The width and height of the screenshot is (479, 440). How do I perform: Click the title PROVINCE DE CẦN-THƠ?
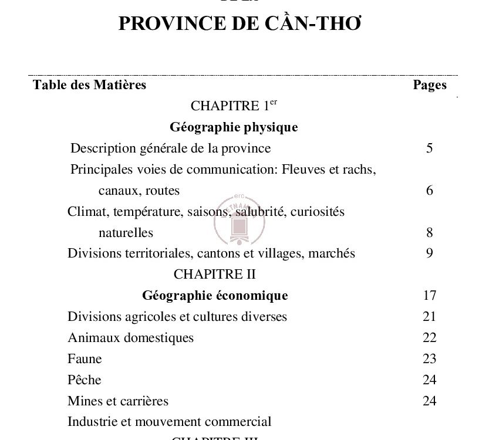239,23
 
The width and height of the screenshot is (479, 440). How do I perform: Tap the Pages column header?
430,85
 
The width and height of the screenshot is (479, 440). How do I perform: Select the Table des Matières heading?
89,85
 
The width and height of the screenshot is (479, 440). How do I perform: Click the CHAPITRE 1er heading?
234,106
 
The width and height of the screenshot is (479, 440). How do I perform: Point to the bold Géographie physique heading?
234,127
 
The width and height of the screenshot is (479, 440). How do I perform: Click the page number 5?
430,148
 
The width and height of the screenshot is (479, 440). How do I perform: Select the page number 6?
430,191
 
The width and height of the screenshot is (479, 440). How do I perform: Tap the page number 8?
430,233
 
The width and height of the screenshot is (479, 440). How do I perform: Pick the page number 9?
430,253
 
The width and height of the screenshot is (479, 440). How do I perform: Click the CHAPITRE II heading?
215,275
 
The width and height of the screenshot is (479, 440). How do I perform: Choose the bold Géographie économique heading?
215,296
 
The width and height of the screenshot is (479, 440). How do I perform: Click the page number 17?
429,296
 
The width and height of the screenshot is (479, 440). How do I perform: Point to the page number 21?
429,317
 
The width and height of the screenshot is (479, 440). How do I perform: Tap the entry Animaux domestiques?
130,338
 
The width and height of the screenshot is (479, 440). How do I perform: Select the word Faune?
85,359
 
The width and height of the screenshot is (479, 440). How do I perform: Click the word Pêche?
85,380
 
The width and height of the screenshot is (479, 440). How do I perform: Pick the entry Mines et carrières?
118,401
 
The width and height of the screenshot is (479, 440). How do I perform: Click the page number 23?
429,359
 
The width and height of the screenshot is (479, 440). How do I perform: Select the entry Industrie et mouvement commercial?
169,422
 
